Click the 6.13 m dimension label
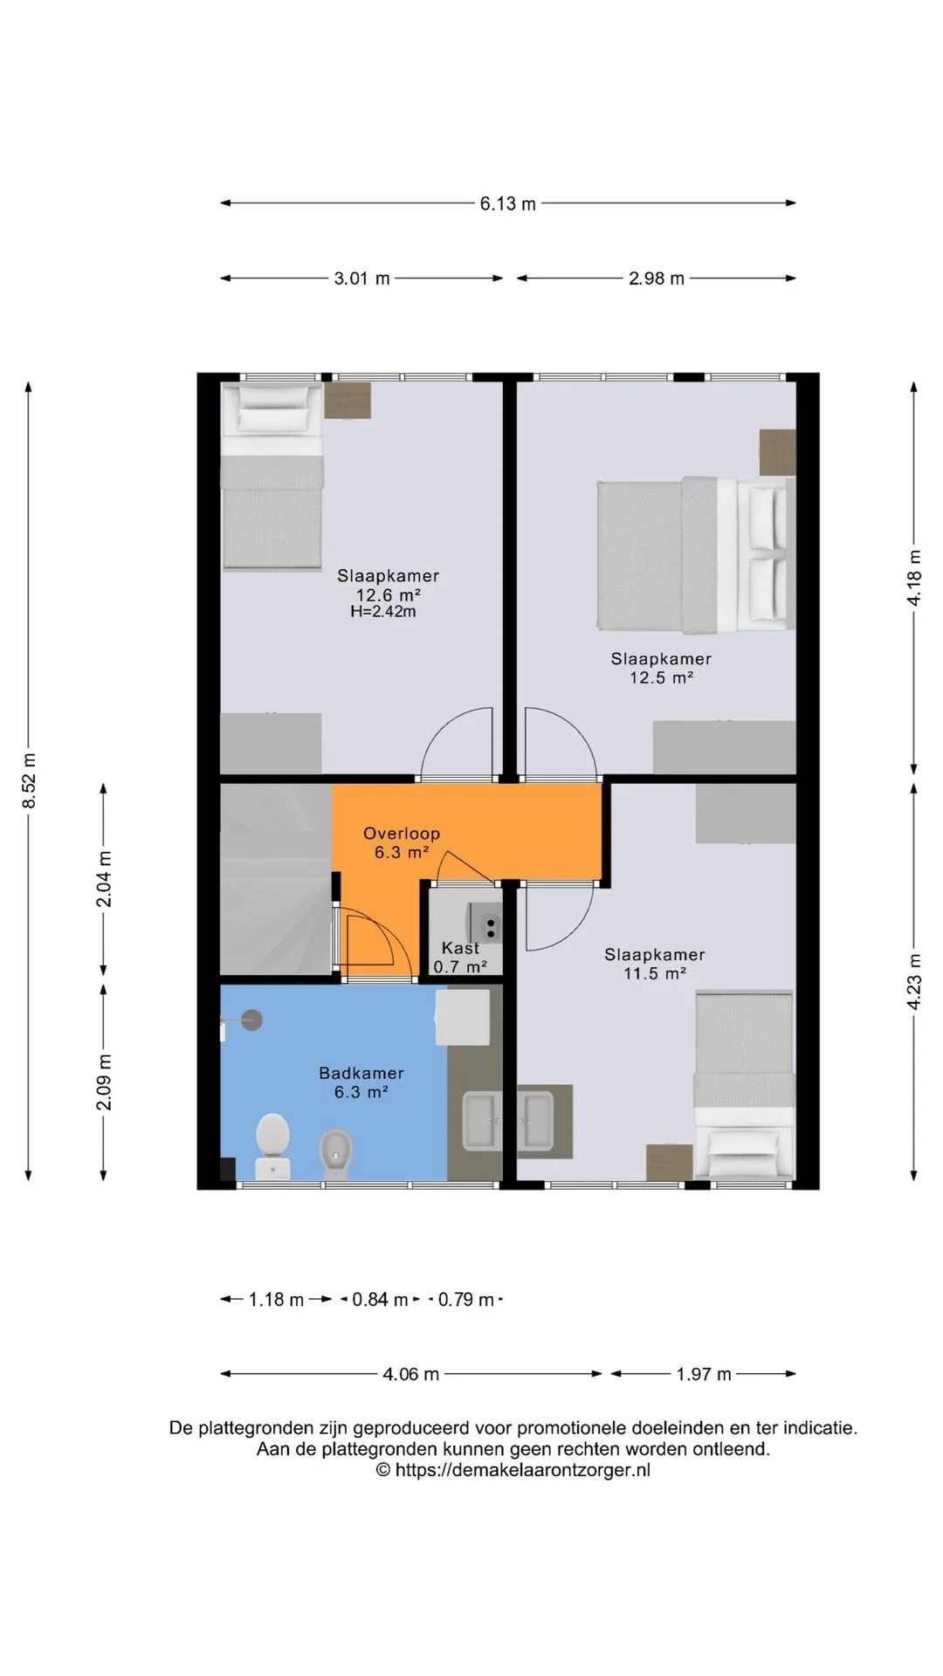coord(507,203)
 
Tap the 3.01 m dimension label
coord(361,278)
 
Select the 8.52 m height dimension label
coord(29,780)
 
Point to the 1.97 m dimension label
coord(703,1374)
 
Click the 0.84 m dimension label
coord(380,1300)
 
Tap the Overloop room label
coord(402,834)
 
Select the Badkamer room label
coord(361,1074)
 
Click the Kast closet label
coord(460,948)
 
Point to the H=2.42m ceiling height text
coord(383,612)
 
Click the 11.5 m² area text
coord(655,973)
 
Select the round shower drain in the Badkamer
coord(251,1020)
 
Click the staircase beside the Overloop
coord(275,879)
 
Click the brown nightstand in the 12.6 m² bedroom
coord(348,401)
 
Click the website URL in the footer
coord(513,1470)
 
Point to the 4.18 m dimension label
coord(914,578)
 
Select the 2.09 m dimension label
coord(104,1082)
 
